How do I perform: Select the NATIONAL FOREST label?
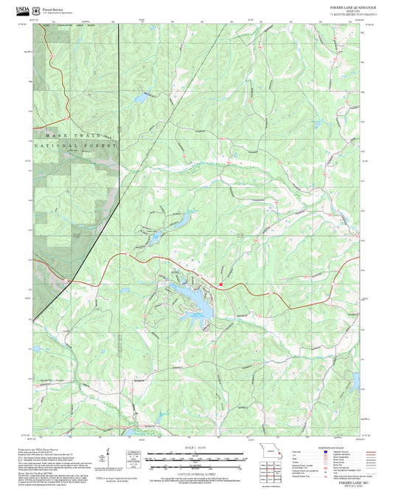(x=81, y=147)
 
